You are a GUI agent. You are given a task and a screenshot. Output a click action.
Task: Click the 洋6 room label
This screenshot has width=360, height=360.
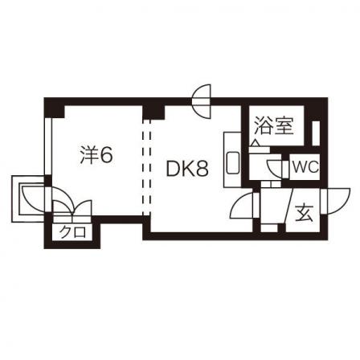pos(96,155)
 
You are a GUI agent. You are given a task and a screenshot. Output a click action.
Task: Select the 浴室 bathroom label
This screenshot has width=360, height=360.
pos(274,125)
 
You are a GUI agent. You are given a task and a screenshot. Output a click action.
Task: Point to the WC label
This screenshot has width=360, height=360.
pos(305,168)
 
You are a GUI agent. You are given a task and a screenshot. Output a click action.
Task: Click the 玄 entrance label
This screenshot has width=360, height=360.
pos(305,213)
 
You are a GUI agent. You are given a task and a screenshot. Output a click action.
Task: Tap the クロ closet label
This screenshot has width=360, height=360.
pos(73,232)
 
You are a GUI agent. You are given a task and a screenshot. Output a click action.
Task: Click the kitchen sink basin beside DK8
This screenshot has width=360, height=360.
pos(233,163)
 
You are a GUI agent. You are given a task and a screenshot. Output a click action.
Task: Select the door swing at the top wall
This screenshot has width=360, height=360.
pos(202,101)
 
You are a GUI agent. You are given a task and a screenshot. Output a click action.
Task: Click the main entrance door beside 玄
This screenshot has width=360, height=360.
pos(336,201)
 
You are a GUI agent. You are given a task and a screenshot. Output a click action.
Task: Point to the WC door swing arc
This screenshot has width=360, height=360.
pos(275,169)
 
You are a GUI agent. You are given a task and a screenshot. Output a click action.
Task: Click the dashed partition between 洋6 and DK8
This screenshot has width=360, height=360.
pos(146,166)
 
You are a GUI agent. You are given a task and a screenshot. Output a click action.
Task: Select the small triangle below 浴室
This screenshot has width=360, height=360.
pos(256,143)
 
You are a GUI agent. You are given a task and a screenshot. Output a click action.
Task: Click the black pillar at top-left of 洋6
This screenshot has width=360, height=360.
pos(55,108)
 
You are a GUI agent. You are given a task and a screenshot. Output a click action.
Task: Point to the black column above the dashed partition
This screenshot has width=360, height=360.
pos(153,112)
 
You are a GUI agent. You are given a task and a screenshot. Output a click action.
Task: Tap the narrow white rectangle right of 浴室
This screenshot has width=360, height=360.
pos(316,133)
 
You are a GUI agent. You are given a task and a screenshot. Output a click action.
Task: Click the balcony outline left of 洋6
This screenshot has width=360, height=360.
pos(28,198)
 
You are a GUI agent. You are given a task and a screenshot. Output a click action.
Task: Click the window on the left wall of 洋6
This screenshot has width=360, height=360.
pos(48,146)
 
